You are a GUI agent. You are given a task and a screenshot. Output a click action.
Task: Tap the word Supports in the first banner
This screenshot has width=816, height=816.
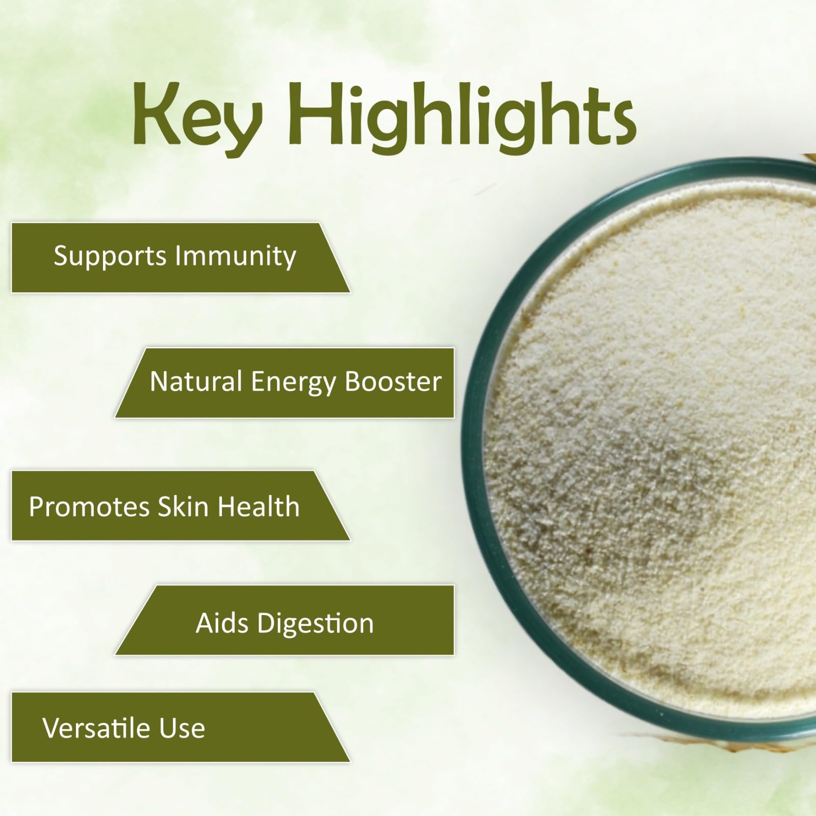(x=110, y=257)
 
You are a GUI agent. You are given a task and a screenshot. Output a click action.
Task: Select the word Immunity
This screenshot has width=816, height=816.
(x=235, y=257)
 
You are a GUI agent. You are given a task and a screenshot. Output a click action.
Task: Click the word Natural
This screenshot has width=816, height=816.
(x=196, y=381)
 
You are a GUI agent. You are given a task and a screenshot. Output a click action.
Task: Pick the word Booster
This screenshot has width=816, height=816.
(x=393, y=381)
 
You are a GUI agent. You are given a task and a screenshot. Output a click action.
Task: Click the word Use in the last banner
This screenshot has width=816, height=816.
(x=182, y=728)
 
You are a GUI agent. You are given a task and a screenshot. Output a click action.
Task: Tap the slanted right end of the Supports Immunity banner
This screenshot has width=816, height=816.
(x=335, y=258)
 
